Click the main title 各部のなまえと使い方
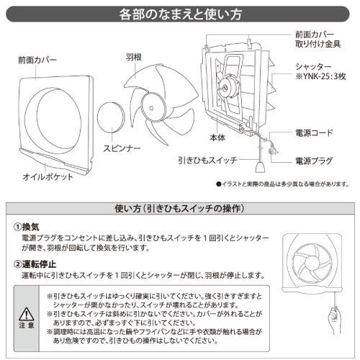click(179, 14)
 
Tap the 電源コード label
click(314, 134)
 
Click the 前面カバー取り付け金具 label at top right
click(319, 39)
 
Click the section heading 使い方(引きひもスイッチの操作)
click(179, 209)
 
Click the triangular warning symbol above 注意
click(25, 314)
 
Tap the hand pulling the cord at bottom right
click(332, 318)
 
